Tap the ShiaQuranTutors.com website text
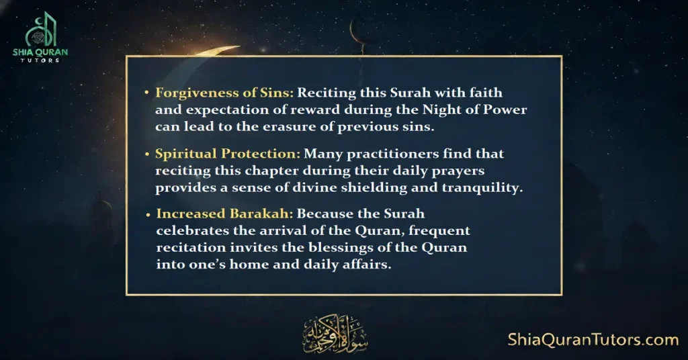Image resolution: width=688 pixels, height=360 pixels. [593, 340]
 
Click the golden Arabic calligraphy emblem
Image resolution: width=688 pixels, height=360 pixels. [327, 332]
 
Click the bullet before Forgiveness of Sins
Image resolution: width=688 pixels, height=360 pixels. [148, 93]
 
